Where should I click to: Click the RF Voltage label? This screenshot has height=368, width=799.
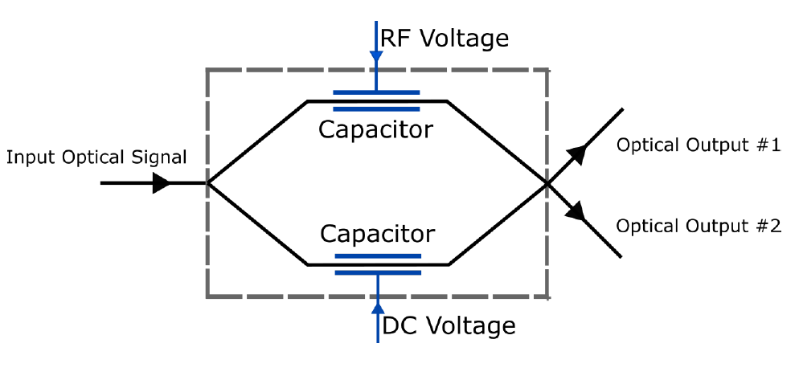pos(445,39)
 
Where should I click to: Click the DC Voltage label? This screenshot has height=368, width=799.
pos(448,325)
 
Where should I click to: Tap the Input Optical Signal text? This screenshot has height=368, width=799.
pos(96,157)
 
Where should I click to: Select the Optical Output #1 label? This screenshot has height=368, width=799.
pos(698,145)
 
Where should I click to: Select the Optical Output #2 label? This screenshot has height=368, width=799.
pos(698,226)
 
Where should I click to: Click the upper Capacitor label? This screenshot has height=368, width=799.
pos(375,129)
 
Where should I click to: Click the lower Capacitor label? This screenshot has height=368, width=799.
pos(377,234)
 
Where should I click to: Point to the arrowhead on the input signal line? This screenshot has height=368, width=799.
pos(162,183)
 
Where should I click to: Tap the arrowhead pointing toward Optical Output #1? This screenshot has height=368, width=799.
pos(576,154)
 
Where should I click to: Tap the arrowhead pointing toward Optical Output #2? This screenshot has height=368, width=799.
pos(576,212)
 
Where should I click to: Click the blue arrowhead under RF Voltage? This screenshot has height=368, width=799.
pos(376,57)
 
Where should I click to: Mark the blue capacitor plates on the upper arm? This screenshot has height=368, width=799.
pos(376,100)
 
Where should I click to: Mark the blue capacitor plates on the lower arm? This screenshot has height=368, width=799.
pos(377,264)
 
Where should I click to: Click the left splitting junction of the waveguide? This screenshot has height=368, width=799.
pos(209,183)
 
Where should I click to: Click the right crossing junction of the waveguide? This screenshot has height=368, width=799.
pos(547,183)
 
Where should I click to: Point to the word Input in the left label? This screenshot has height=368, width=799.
pos(25,157)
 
